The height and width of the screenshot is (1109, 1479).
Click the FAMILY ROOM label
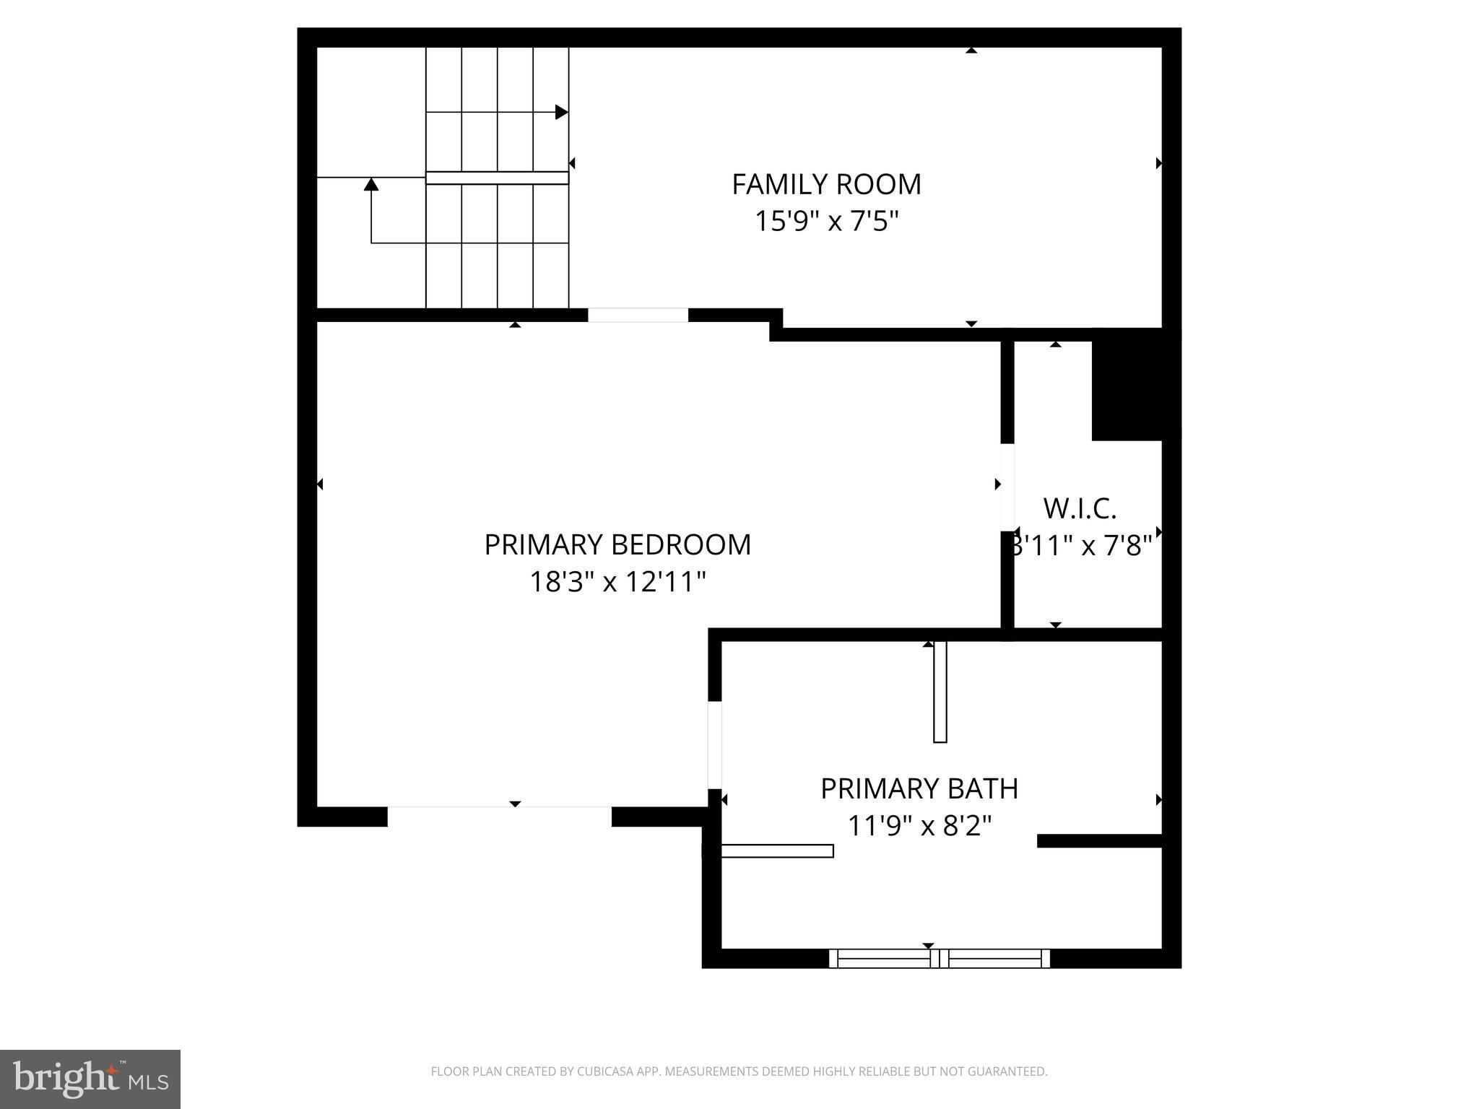point(826,184)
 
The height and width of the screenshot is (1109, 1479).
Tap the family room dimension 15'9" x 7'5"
point(826,221)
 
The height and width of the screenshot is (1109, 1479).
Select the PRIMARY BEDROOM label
point(617,544)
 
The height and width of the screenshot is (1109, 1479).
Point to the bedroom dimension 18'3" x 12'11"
point(617,581)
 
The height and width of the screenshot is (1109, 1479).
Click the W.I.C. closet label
point(1080,508)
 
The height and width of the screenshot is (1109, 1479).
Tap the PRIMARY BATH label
point(919,788)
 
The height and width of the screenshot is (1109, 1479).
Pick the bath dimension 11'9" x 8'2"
point(919,825)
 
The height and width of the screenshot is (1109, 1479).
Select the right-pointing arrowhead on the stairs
point(561,112)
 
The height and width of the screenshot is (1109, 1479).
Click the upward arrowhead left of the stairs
point(371,184)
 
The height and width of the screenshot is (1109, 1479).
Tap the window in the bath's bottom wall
point(939,958)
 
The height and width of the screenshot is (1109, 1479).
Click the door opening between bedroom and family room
point(638,315)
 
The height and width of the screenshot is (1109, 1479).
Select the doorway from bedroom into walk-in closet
point(1007,487)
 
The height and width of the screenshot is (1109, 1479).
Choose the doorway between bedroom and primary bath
point(714,744)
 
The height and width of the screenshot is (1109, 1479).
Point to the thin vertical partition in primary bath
point(940,691)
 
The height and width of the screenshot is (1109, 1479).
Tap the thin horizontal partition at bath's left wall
point(777,851)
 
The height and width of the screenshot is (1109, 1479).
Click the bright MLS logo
point(90,1079)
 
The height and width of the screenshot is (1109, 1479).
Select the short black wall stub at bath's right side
point(1099,840)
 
